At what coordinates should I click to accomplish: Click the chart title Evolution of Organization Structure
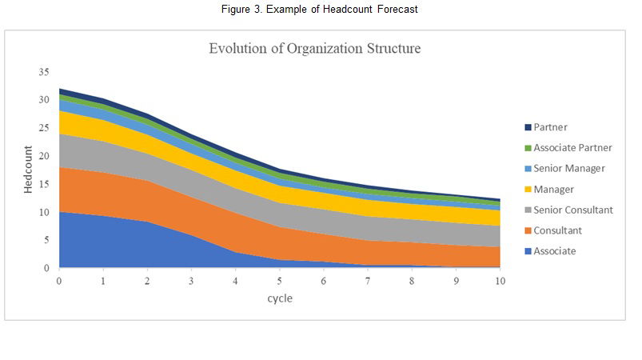point(314,49)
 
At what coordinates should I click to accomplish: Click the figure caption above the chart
point(320,9)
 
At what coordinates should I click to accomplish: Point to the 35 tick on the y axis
point(44,72)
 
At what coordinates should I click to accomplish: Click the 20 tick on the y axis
point(44,156)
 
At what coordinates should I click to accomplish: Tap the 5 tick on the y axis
point(46,240)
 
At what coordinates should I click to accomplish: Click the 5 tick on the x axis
point(280,281)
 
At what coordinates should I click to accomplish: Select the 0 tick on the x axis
point(58,281)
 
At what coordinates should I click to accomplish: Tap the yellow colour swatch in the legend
point(527,190)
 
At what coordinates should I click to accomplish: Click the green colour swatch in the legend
point(527,148)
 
